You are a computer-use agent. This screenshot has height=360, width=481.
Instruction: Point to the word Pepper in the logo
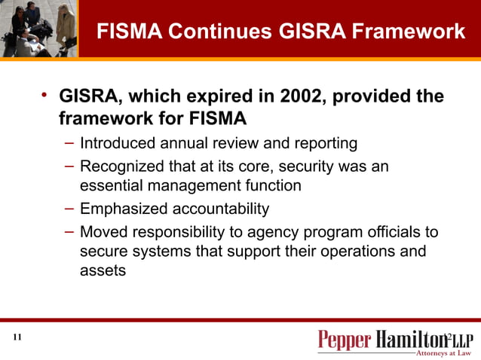click(345, 340)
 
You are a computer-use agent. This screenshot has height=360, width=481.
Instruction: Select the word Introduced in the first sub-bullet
click(116, 142)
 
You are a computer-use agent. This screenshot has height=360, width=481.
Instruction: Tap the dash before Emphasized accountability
click(69, 208)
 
